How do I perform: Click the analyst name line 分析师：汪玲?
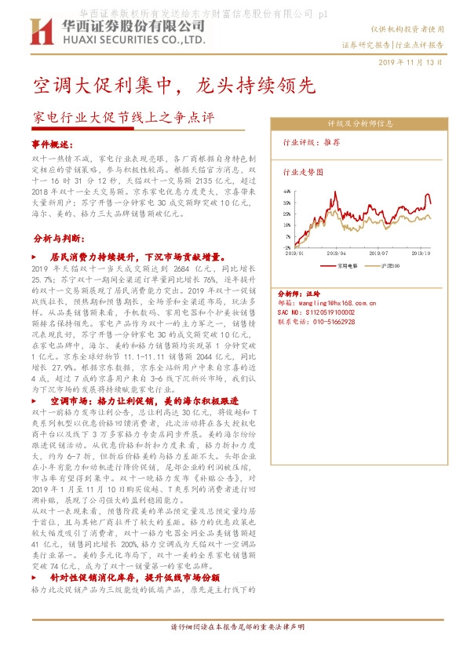click(302, 290)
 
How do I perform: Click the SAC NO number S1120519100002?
click(322, 312)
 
